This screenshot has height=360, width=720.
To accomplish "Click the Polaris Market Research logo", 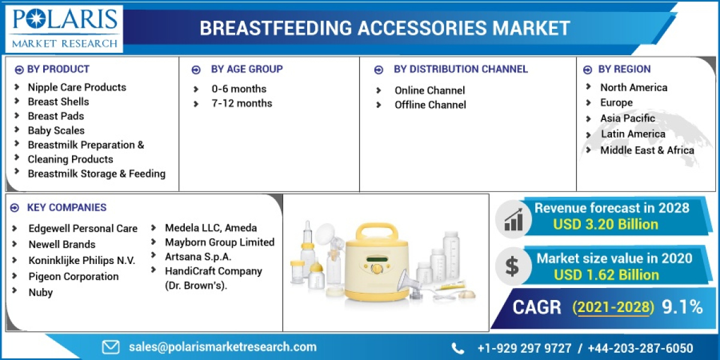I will coord(64,28).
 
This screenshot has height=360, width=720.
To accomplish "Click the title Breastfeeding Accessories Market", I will coord(384,28).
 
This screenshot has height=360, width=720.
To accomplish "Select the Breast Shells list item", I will coord(58,101).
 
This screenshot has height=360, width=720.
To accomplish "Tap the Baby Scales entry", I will coord(56,130).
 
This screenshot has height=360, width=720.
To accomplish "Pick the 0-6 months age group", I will coord(239,89).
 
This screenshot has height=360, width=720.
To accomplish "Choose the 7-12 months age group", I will coord(242,103).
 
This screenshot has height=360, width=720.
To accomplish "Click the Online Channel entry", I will coord(430,91).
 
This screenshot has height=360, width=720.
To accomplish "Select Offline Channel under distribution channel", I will coord(430,105).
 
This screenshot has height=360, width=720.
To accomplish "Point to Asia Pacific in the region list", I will coord(628,118).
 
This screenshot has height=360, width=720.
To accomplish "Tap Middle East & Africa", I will coord(647,150).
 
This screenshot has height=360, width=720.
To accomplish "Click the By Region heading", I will coord(624,69).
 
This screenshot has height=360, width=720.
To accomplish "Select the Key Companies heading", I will coord(67,208).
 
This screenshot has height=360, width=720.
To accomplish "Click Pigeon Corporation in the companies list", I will coord(73,277).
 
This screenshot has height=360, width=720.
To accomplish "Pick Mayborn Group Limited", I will coord(220,242).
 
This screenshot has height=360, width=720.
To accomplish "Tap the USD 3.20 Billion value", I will coord(606,224).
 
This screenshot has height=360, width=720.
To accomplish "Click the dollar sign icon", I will coord(512,266).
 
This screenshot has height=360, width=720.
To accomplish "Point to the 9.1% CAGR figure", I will coord(682,307).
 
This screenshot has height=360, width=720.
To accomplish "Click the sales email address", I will coord(222,347).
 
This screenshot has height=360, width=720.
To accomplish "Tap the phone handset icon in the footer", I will coord(458,348).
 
